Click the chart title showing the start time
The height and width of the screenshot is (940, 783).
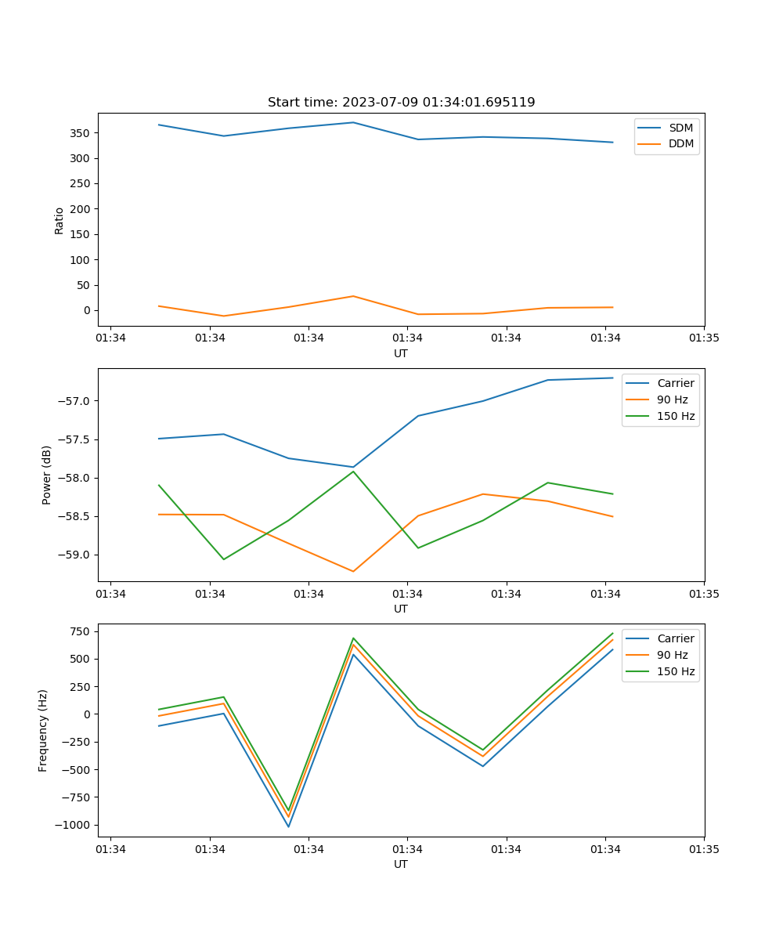(x=401, y=103)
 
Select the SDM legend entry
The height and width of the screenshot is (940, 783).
(x=680, y=128)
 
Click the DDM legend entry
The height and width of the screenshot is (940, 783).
(x=680, y=143)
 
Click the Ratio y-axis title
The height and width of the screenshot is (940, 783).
(x=60, y=220)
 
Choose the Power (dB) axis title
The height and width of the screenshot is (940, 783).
(x=47, y=475)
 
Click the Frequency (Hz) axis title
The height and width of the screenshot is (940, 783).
(x=43, y=730)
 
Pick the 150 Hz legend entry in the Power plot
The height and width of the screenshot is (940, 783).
(x=676, y=416)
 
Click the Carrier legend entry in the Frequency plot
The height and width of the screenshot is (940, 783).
(x=676, y=638)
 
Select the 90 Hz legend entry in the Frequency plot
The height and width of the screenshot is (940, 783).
(x=673, y=655)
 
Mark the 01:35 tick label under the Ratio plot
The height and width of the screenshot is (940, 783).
(x=704, y=338)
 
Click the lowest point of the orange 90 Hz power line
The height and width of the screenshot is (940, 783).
(x=353, y=571)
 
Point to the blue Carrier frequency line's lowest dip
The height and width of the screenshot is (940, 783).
(x=288, y=826)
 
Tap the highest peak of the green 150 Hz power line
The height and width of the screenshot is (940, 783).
(x=353, y=471)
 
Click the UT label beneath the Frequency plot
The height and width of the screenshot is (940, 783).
(x=401, y=864)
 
